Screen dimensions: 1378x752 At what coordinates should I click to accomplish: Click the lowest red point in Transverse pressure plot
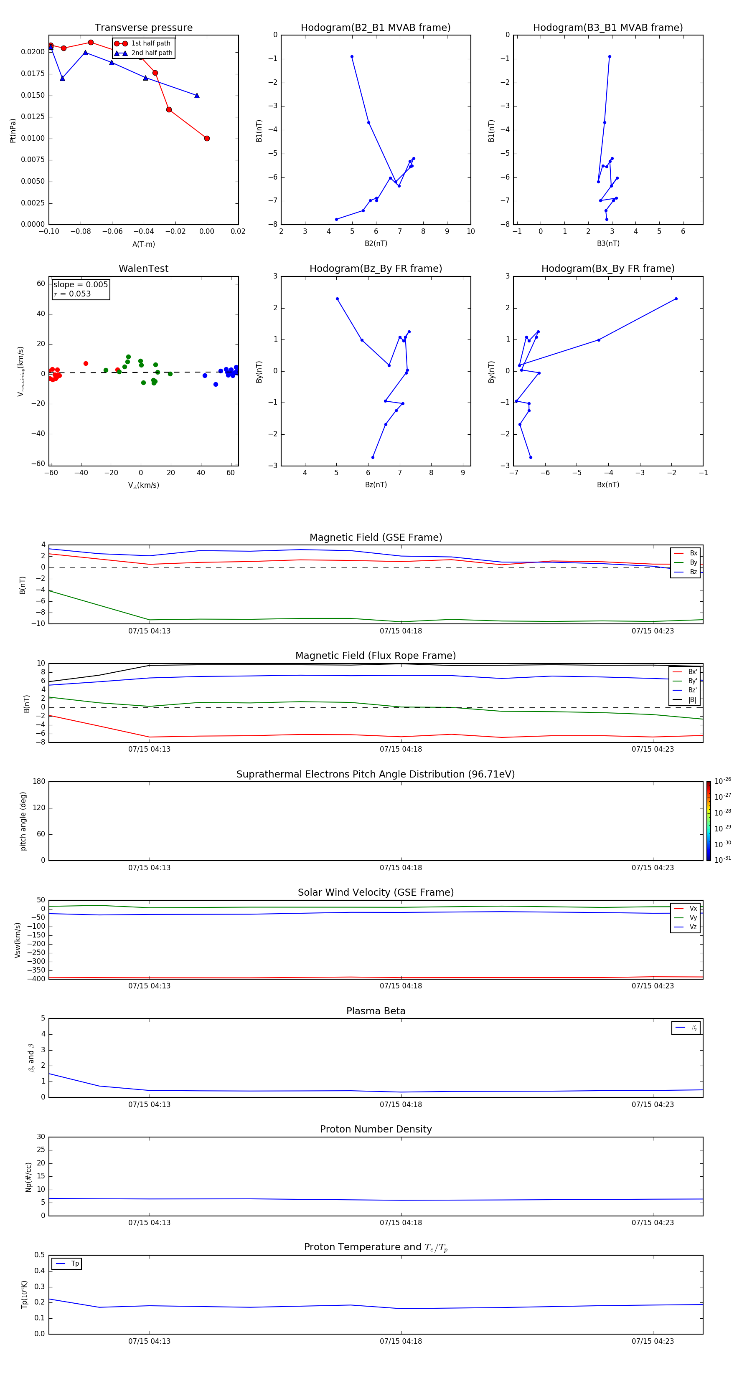click(207, 139)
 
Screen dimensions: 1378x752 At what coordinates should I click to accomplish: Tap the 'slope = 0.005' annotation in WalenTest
click(80, 285)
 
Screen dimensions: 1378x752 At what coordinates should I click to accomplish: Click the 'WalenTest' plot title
click(143, 269)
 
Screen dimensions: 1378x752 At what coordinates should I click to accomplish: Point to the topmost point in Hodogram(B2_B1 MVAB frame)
click(352, 57)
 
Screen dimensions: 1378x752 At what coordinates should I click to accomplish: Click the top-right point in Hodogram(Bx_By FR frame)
click(676, 299)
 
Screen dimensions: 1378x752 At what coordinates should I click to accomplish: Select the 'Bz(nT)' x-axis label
click(376, 485)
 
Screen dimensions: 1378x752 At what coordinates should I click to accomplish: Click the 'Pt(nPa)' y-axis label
click(13, 131)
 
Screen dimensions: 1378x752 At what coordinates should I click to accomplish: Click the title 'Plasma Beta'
click(376, 1011)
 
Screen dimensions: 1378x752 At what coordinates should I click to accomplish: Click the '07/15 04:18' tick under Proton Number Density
click(401, 1222)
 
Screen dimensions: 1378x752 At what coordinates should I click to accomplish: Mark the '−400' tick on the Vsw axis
click(36, 979)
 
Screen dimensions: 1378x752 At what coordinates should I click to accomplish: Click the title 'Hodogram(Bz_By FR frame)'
click(376, 269)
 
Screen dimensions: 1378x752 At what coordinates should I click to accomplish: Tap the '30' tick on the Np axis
click(41, 1137)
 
